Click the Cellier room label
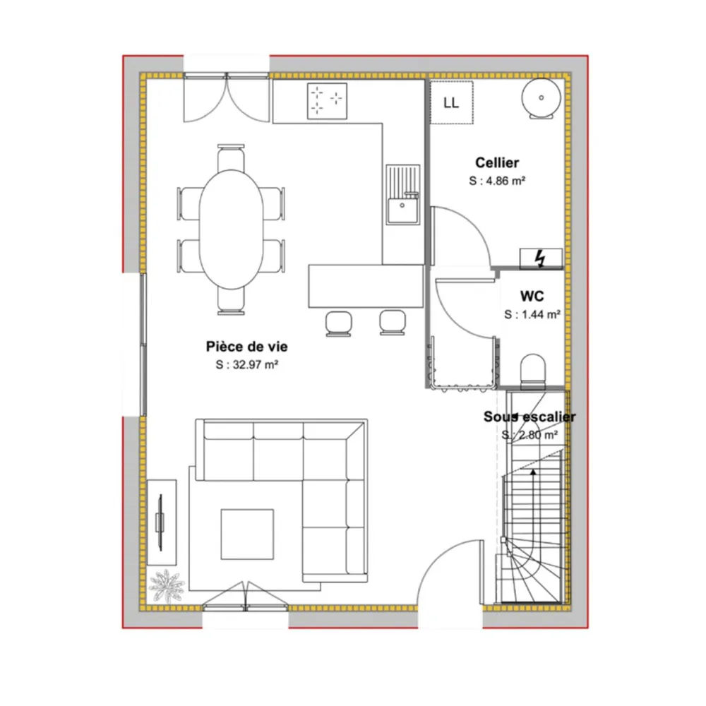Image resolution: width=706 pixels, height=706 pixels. tap(496, 162)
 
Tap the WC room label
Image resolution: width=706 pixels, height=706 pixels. tap(532, 296)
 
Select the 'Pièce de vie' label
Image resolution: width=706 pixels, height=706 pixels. tap(246, 346)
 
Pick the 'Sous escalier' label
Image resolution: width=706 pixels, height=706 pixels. tap(529, 417)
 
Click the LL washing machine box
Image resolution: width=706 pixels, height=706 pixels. tap(452, 102)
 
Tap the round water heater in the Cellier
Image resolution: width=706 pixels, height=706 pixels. tap(542, 98)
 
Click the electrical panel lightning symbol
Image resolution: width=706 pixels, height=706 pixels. tap(540, 259)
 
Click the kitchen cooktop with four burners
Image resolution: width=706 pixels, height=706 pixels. tap(327, 101)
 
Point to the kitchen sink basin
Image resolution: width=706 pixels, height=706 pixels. tap(402, 210)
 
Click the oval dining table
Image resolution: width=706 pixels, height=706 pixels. tap(231, 229)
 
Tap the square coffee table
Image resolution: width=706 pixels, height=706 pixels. tap(247, 534)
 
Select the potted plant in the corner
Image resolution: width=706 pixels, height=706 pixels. tap(167, 585)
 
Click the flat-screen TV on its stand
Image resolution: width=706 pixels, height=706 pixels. tap(160, 522)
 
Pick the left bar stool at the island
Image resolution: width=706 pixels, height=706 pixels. tap(338, 323)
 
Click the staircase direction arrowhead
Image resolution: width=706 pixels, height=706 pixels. tap(533, 472)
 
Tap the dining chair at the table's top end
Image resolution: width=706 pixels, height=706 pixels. tap(231, 157)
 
